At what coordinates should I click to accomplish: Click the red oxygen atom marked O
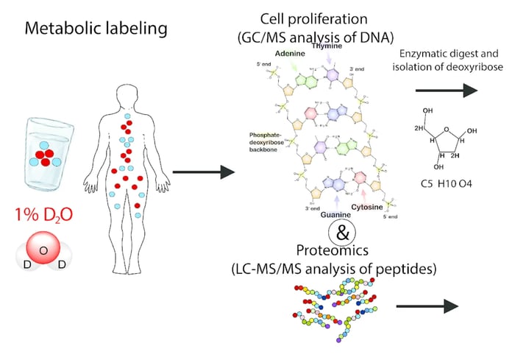pos(43,251)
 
